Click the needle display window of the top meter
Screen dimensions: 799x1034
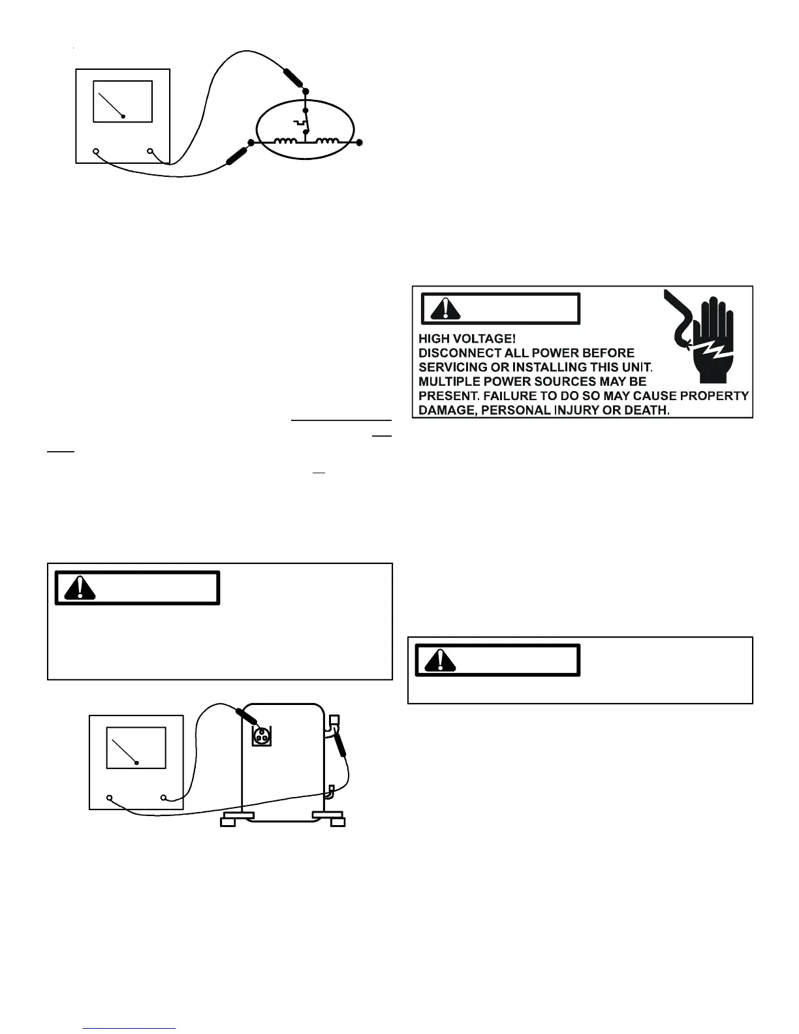[123, 101]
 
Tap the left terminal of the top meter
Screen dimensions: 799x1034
[96, 151]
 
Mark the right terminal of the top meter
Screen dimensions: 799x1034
[150, 151]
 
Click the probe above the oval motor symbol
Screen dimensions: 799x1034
[292, 77]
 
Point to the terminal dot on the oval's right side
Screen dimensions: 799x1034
[360, 142]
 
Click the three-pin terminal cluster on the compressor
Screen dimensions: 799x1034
[262, 735]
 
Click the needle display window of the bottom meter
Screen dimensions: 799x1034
[136, 747]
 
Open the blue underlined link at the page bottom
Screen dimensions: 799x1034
[130, 1028]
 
